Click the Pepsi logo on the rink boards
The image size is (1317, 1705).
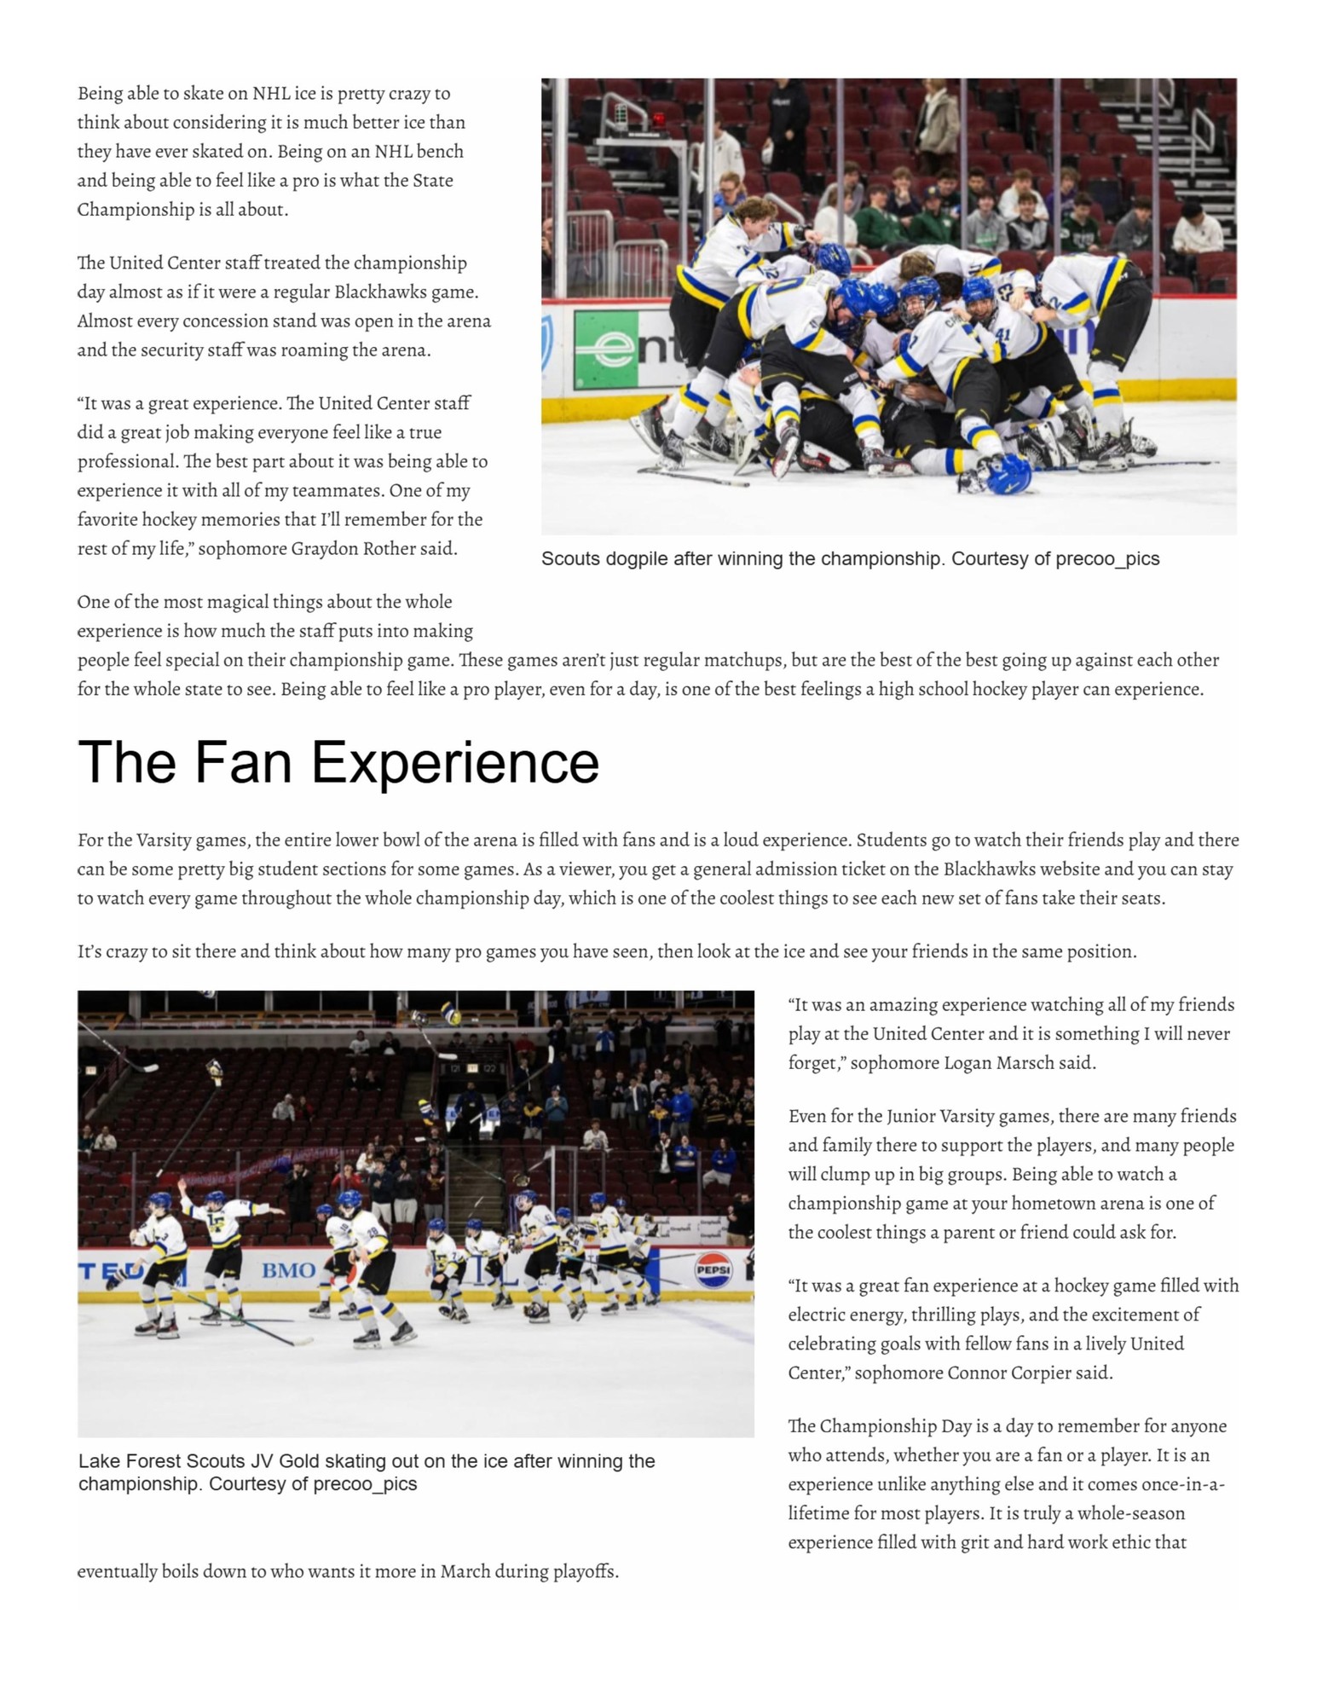pos(713,1269)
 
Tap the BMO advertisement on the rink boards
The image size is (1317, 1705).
pos(288,1270)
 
